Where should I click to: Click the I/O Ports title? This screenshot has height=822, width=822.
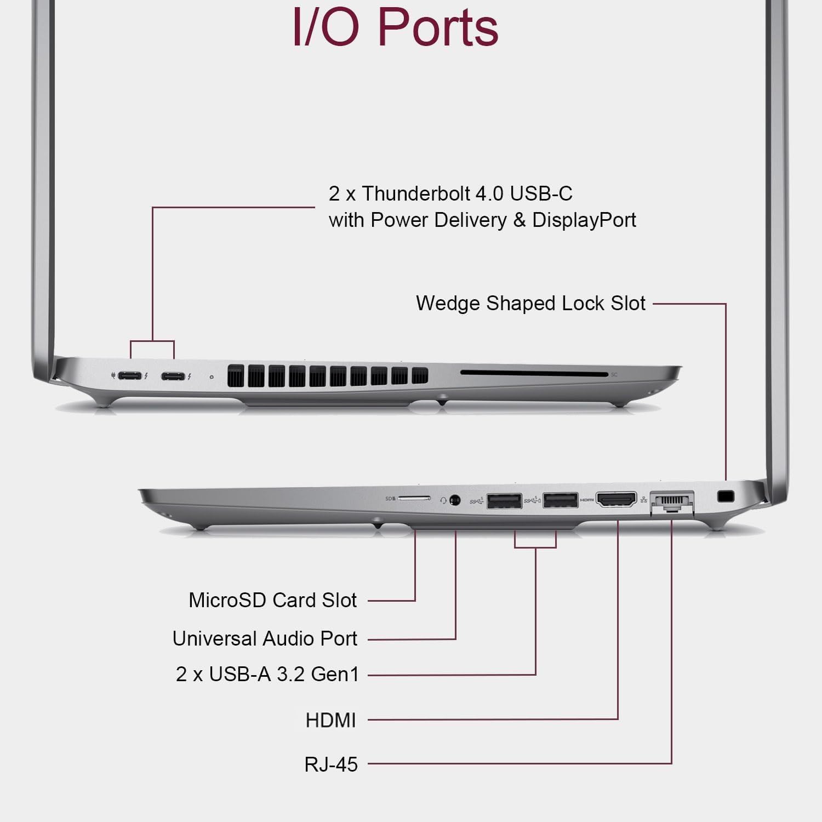[395, 27]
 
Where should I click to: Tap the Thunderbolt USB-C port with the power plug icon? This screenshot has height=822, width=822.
[129, 376]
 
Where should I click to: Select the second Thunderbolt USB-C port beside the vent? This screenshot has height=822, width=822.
[173, 376]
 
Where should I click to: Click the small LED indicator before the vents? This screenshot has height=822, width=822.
[212, 377]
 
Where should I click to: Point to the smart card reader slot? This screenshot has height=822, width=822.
[534, 374]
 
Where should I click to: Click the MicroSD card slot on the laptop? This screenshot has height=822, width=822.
[414, 499]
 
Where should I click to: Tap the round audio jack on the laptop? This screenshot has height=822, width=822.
[454, 500]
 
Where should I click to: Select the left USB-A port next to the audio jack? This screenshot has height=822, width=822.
[504, 501]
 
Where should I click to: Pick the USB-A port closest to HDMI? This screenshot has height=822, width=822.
[560, 500]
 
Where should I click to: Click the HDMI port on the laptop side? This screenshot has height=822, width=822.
[616, 500]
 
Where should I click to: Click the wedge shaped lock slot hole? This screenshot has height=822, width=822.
[726, 496]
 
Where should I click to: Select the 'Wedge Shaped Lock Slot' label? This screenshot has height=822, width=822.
[530, 303]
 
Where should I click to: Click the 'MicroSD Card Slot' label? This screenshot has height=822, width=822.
[272, 600]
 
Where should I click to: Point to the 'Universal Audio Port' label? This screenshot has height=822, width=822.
[265, 638]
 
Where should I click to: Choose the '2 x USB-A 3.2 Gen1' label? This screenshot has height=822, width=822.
[267, 674]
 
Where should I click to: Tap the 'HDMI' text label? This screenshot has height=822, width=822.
[330, 720]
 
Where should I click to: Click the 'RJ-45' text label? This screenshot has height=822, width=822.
[331, 764]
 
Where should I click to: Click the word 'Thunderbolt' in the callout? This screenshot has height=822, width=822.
[416, 193]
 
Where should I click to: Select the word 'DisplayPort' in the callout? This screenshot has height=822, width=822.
[584, 220]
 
